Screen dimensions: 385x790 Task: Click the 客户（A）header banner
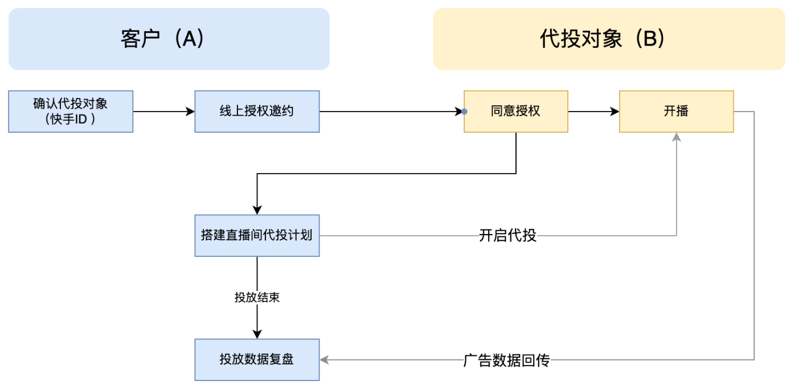tap(169, 39)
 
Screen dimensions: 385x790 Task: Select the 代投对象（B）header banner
tap(609, 39)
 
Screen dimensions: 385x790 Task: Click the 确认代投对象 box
tap(71, 111)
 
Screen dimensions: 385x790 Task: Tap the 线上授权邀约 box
tap(257, 111)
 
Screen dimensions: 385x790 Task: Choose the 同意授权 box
tap(515, 111)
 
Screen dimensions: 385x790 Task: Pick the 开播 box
tap(676, 111)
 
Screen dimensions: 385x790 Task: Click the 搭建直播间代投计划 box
tap(257, 235)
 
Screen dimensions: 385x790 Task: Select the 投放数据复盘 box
tap(257, 359)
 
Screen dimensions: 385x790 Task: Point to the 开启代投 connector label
tap(507, 235)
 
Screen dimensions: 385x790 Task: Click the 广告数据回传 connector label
tap(506, 360)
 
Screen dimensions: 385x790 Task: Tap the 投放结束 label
tap(257, 298)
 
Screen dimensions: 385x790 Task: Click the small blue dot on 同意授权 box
tap(465, 112)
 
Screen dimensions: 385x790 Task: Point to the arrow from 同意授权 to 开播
tap(593, 112)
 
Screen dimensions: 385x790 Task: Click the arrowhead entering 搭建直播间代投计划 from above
tap(257, 210)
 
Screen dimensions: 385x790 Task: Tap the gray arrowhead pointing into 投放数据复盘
tap(325, 360)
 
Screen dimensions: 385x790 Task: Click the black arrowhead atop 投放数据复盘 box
tap(257, 334)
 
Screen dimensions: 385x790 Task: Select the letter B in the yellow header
tap(650, 39)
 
